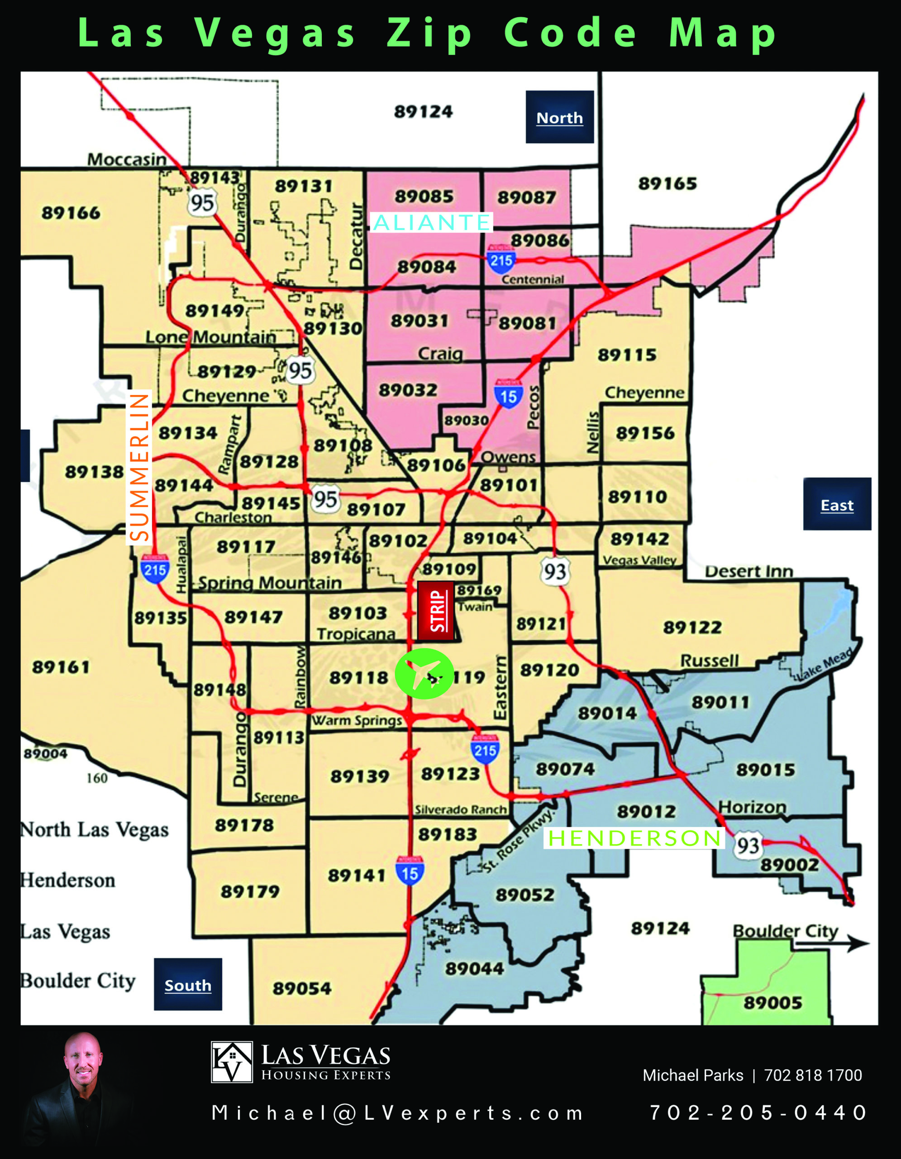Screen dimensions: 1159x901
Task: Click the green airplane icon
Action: (x=424, y=673)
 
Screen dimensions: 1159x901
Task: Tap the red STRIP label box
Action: (x=436, y=611)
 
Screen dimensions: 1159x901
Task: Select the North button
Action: (x=559, y=117)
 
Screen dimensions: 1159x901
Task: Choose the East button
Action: (x=837, y=504)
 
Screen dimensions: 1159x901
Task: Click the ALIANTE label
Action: (x=432, y=222)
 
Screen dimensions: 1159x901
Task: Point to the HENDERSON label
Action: (x=634, y=838)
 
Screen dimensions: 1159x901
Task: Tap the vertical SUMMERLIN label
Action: (x=139, y=468)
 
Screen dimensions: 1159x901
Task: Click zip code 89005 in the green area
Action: (x=772, y=1002)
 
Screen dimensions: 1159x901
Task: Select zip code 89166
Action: (x=71, y=213)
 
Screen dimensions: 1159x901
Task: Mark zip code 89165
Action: (x=667, y=184)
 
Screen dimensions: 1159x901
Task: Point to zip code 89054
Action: (x=302, y=988)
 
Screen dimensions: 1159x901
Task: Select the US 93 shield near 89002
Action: (x=748, y=845)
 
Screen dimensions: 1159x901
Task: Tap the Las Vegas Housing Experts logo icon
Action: (x=232, y=1062)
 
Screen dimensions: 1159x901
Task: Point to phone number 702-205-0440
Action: (x=758, y=1112)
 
